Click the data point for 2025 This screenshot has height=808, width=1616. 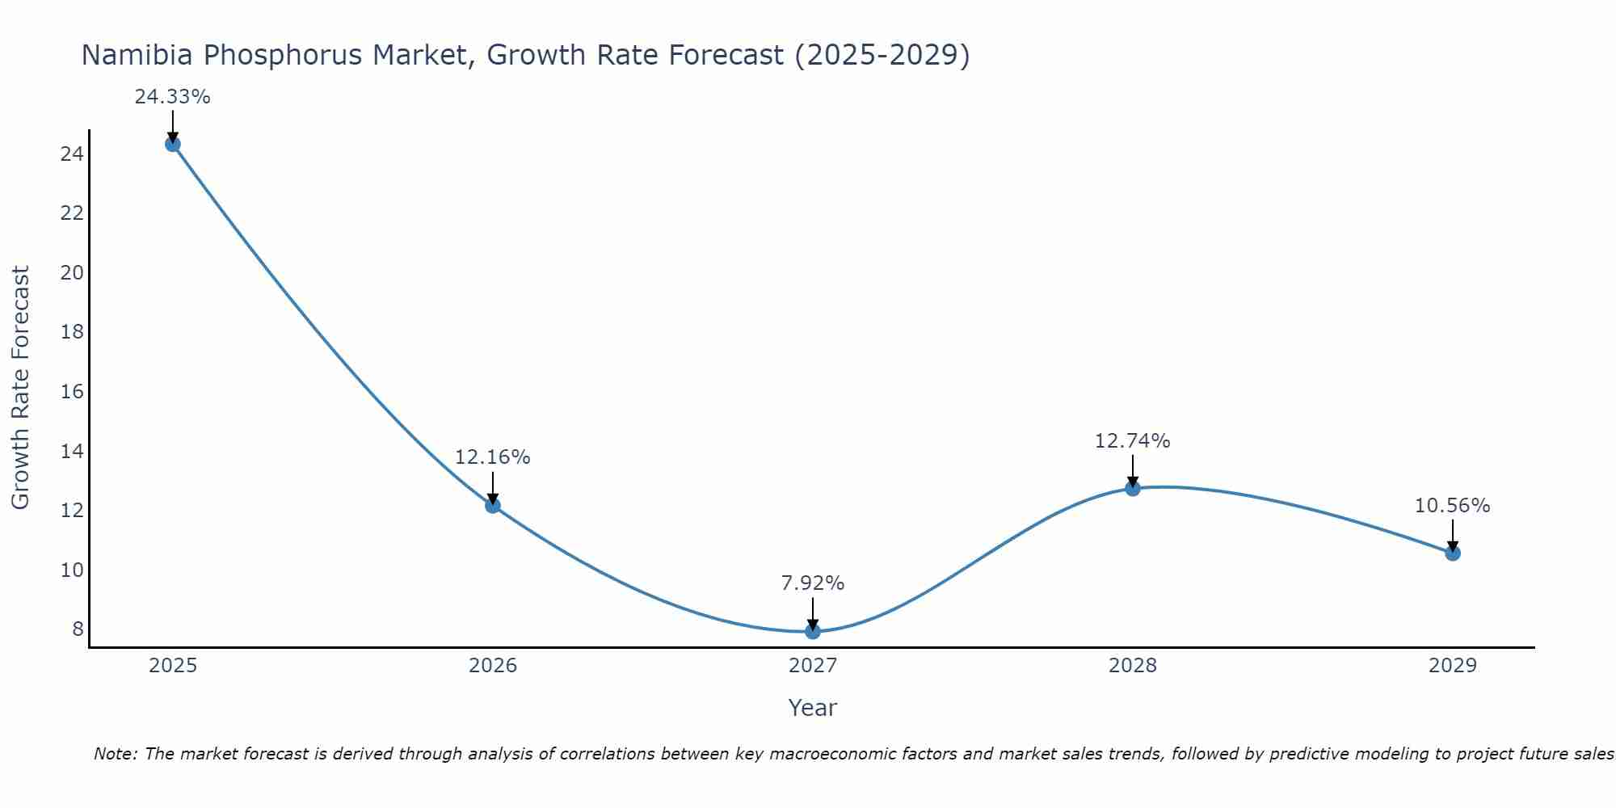172,144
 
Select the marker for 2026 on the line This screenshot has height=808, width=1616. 493,505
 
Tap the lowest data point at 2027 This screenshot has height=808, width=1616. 813,631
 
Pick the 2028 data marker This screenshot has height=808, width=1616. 1133,488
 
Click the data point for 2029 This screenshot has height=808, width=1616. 1453,553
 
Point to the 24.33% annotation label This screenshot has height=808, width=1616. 172,97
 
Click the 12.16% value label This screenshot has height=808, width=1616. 492,457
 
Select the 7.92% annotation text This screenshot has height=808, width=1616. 812,583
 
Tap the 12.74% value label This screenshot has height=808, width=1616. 1132,441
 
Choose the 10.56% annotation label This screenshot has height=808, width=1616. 1452,506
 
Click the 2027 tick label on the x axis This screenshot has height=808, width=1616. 813,666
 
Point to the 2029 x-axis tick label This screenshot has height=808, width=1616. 1453,666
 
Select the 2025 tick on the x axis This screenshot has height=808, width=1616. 173,666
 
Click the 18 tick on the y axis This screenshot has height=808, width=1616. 72,332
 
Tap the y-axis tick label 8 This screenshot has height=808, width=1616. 78,629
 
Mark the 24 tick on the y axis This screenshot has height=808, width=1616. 72,154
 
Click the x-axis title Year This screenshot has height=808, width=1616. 812,708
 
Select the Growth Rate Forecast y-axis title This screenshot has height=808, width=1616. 20,388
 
